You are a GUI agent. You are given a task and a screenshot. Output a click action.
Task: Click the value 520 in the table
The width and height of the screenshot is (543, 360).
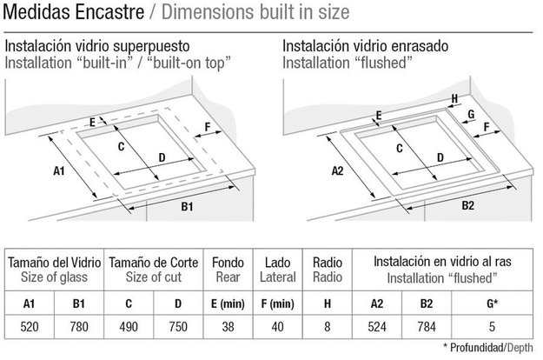point(30,327)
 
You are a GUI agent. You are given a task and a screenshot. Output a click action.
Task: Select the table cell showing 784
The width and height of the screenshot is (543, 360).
point(427,327)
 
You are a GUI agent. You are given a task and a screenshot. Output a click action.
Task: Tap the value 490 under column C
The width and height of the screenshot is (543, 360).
point(129,327)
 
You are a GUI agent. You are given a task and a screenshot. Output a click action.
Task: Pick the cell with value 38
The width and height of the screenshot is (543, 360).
point(228,327)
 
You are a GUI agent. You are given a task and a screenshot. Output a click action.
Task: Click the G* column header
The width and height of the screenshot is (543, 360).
point(492,303)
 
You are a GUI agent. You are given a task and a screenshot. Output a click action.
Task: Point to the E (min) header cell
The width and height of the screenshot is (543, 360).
point(228,303)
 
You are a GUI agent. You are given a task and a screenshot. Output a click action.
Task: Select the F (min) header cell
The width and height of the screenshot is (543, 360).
point(278,303)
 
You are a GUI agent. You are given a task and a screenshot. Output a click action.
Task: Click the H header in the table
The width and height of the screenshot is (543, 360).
point(328,303)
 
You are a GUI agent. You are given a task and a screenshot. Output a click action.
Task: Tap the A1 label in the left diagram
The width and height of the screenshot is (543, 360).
point(59,170)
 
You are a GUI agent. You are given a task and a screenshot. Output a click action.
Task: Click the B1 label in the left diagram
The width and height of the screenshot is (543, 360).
point(187,206)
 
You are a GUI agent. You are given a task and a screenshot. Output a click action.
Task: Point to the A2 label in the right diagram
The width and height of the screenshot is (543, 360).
point(337,170)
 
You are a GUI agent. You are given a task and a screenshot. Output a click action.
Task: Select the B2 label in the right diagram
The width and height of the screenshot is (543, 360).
point(468,205)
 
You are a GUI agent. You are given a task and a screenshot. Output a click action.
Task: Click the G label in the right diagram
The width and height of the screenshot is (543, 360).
point(471,114)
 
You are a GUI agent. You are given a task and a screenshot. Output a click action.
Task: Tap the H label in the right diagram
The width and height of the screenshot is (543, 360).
point(454,99)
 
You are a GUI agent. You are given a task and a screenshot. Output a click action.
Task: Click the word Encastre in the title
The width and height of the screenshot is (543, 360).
point(109,12)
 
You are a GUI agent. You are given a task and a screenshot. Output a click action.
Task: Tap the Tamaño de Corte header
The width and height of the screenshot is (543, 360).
point(154,263)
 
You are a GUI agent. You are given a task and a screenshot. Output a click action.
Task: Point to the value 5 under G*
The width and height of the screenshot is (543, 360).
point(492,327)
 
